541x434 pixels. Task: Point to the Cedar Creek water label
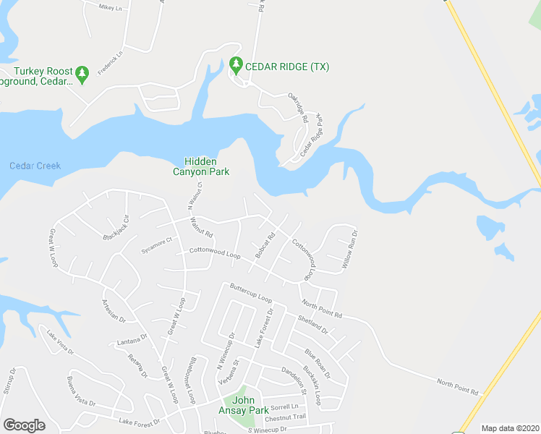[35, 166]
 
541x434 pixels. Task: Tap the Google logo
[24, 425]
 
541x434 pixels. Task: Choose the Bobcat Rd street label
[265, 245]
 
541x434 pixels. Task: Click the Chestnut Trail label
[286, 417]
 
